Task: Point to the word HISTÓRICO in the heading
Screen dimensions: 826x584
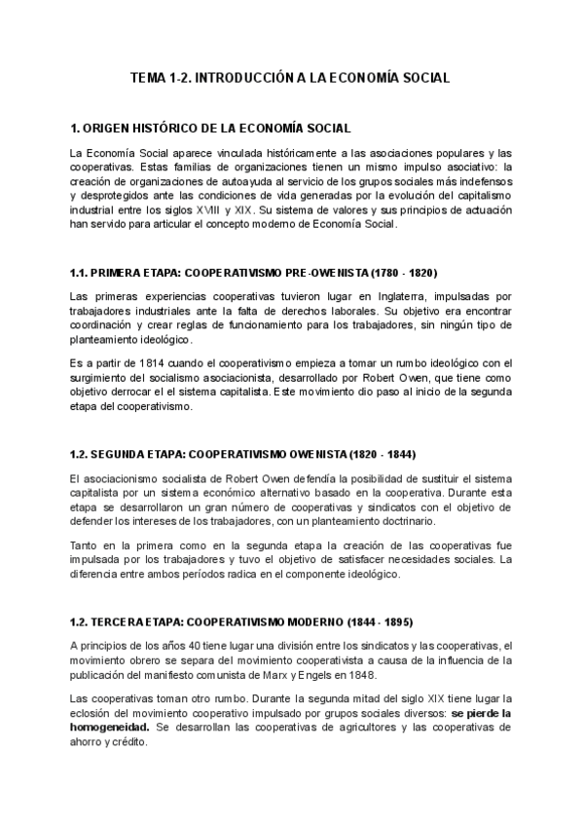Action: click(176, 129)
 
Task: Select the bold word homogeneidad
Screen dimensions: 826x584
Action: click(110, 728)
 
